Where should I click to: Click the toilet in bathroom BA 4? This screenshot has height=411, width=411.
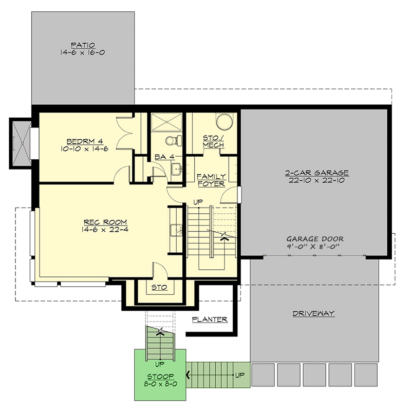point(173,140)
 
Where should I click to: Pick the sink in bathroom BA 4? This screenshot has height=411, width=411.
point(176,167)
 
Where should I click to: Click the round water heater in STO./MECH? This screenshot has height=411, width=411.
point(225,122)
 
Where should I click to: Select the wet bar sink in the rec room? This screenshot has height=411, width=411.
point(177,230)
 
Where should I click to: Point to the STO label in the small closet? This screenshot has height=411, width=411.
point(159,288)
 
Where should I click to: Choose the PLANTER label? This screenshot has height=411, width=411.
point(210,320)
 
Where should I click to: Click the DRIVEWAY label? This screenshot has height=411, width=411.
point(314,313)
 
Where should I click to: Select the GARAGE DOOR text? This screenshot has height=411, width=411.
point(315,239)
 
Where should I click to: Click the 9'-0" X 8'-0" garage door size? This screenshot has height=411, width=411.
point(315,247)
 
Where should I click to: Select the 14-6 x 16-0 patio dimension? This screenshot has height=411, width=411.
point(83,52)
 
